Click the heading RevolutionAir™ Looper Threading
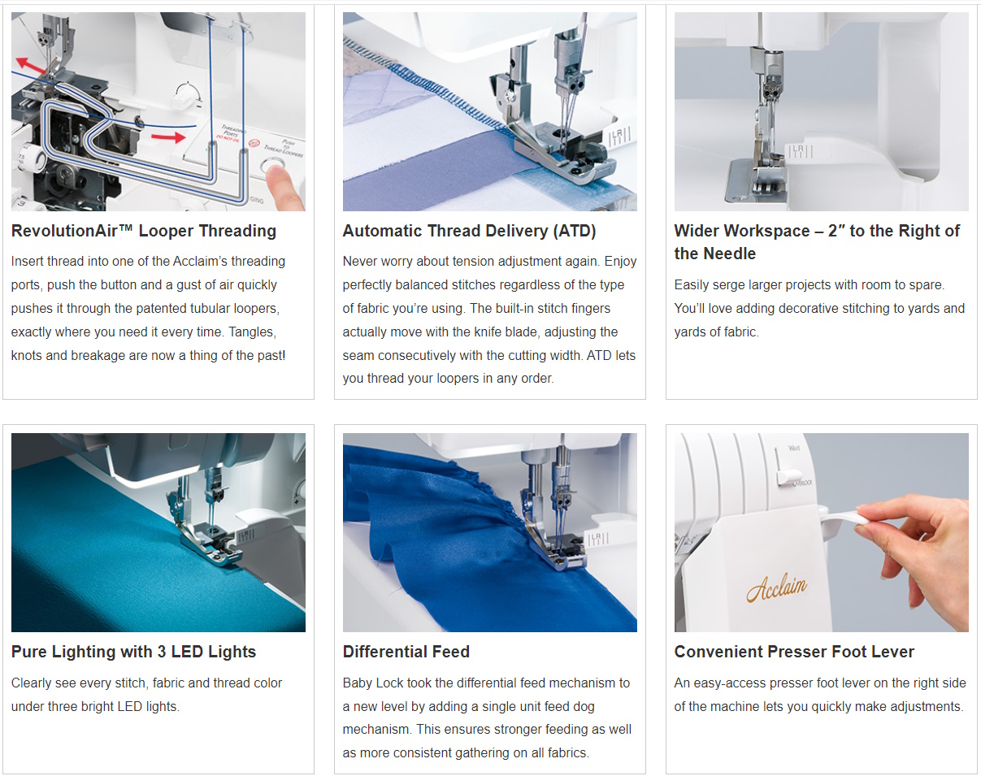tap(144, 231)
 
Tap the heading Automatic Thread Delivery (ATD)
tap(469, 231)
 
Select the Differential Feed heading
tap(406, 652)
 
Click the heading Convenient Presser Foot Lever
tap(794, 652)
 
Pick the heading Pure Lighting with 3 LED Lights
tap(133, 652)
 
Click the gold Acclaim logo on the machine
tap(776, 587)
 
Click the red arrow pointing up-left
tap(31, 65)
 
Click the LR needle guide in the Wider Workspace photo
tap(799, 151)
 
